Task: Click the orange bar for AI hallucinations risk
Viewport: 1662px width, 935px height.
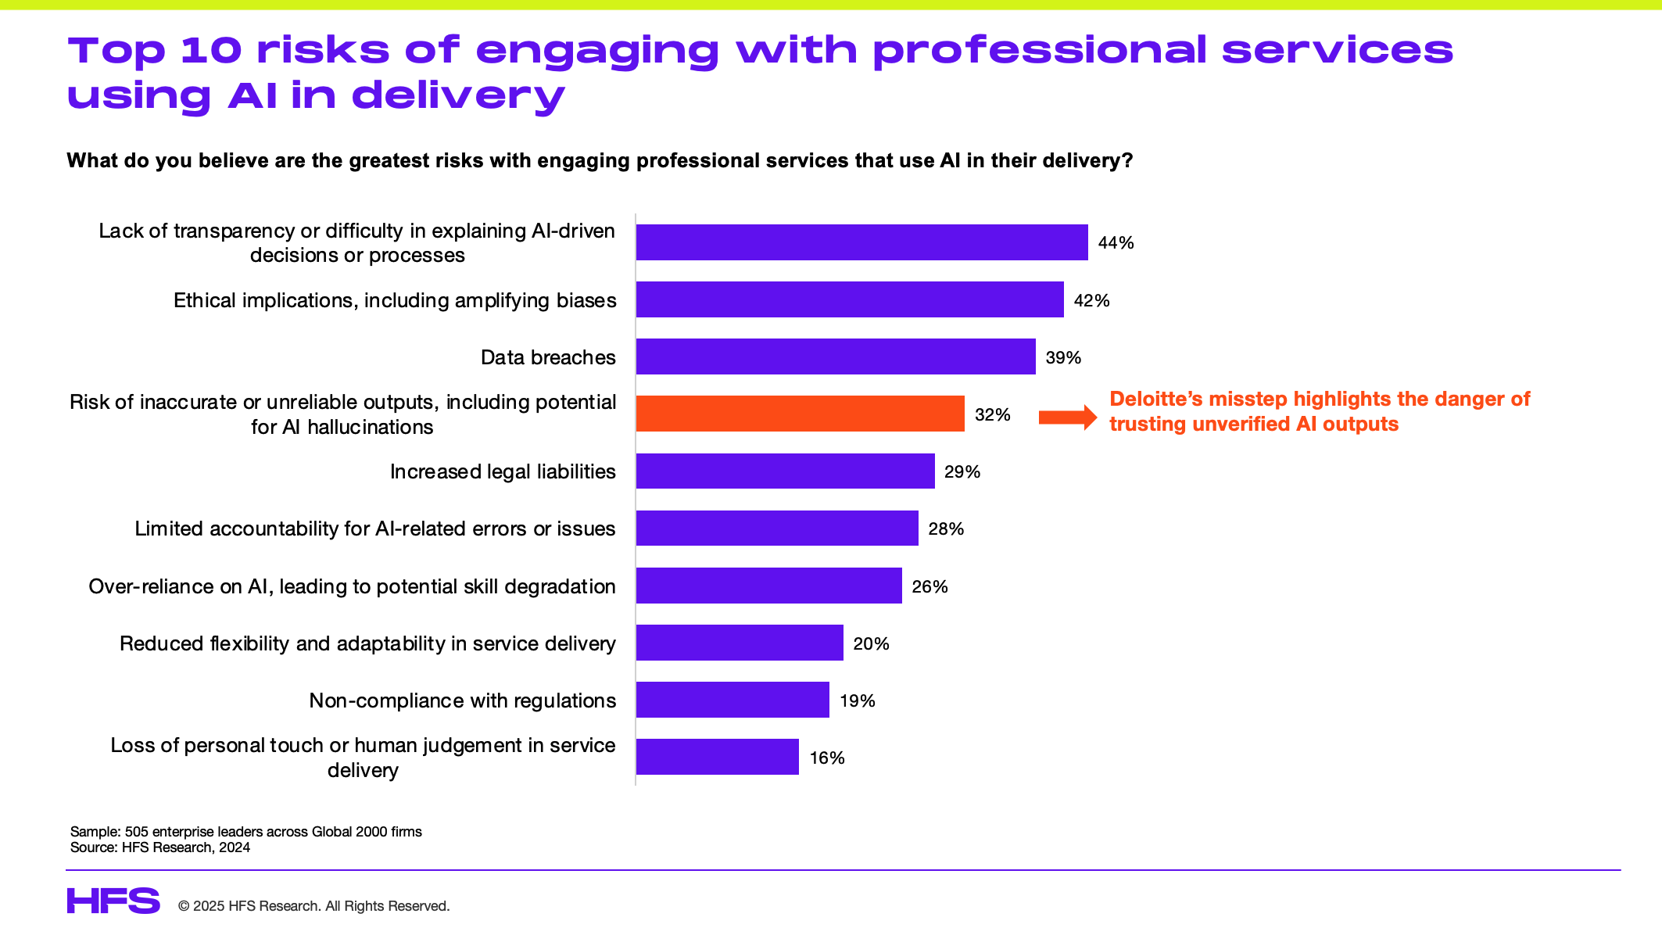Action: (800, 414)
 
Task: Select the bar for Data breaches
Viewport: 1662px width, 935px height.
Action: (836, 356)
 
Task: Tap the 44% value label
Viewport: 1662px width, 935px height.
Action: (1116, 243)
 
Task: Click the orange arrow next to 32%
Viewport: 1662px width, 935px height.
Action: (1067, 417)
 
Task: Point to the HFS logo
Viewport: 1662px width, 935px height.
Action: (113, 901)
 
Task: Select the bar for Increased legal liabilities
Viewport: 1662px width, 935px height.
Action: (785, 471)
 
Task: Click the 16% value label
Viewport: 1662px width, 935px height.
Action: (827, 758)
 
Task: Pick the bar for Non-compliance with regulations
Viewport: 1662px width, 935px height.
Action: (732, 700)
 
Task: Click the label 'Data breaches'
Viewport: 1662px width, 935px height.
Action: (548, 357)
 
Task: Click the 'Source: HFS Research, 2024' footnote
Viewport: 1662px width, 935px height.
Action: (160, 847)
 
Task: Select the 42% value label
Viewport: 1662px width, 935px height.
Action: (1091, 300)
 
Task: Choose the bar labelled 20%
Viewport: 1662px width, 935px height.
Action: (740, 643)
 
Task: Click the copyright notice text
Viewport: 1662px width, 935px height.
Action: (313, 906)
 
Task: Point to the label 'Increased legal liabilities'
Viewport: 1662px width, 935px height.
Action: (503, 471)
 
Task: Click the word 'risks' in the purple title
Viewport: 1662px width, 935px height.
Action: (323, 51)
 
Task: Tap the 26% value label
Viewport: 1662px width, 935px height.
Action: (930, 586)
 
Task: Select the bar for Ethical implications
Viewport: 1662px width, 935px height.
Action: (850, 299)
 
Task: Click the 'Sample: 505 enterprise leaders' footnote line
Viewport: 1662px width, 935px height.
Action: (246, 832)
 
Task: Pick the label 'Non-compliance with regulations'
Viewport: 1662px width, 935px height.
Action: (462, 700)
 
